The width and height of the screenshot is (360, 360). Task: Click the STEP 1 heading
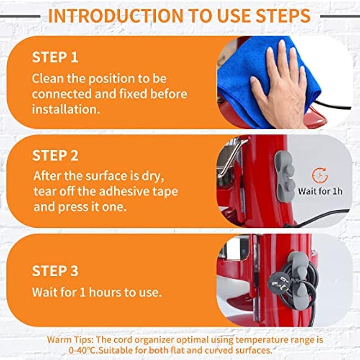click(55, 57)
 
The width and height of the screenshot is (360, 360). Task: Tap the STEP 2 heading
click(55, 155)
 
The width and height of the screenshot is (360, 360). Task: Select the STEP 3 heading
click(55, 271)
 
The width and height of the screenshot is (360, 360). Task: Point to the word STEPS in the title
click(283, 16)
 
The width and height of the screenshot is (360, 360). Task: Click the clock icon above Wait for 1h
click(320, 175)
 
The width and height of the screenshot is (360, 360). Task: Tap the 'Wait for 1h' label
click(320, 191)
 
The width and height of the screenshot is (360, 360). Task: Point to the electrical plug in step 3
click(279, 283)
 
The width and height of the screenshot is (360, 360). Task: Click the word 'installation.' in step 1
click(66, 109)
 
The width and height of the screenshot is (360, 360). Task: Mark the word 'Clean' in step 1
click(48, 79)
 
